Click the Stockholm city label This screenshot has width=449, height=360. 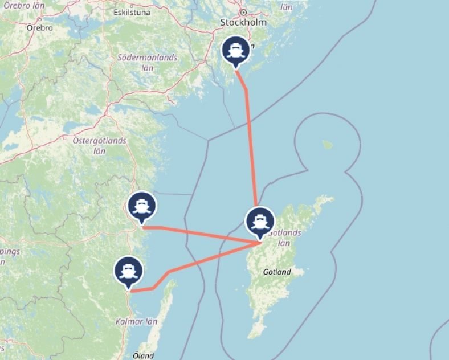pos(243,23)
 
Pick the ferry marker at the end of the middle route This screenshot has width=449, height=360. pos(141,208)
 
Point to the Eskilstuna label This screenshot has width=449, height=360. pos(132,11)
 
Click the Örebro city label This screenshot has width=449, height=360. pos(40,27)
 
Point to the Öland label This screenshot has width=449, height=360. pos(142,355)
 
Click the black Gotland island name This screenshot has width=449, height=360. pos(277,272)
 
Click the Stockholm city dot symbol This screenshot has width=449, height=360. pos(243,12)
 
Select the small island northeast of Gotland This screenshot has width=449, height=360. pos(327,145)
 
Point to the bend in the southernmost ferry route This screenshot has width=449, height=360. pos(169,272)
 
